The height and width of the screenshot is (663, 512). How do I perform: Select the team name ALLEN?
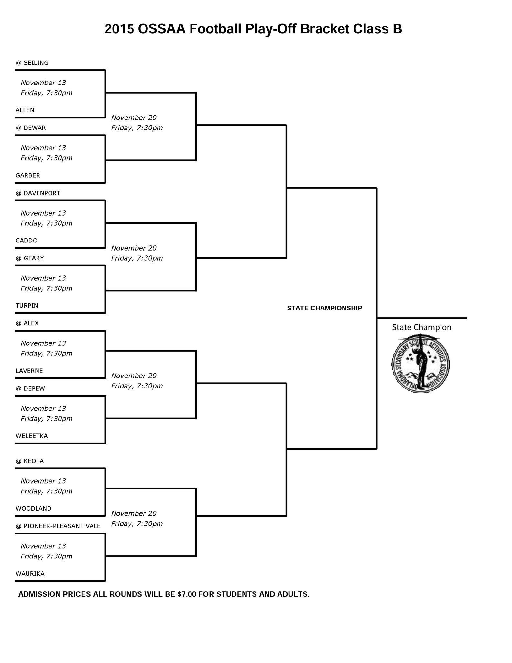coord(25,110)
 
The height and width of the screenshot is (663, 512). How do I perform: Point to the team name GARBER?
coord(28,175)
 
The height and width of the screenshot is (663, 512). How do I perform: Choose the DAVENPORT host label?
coord(42,193)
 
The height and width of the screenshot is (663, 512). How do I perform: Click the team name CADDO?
coord(27,241)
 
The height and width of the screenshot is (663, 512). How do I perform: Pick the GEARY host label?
coord(33,258)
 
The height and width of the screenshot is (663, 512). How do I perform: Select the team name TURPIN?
coord(27,306)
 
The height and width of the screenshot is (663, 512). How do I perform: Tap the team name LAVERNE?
coord(29,371)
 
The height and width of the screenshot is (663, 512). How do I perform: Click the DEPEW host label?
coord(34,388)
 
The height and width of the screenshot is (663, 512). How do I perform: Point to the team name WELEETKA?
coord(32,436)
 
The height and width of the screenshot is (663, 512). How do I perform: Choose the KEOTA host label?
coord(33,461)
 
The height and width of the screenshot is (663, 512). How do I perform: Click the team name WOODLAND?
coord(33,508)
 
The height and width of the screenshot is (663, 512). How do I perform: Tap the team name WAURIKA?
coord(30,574)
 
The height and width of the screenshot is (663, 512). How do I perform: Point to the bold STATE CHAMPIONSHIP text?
coord(324,308)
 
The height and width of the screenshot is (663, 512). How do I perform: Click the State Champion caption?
coord(421,327)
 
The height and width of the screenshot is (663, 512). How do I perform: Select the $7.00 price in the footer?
coord(187,594)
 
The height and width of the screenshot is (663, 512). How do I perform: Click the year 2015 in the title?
coord(119,29)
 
